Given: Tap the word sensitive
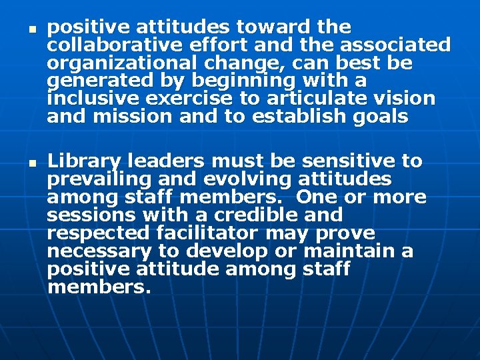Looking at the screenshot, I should click(x=353, y=161).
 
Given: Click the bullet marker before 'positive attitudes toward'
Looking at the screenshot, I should click(x=31, y=29).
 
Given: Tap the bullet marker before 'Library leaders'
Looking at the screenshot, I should click(x=31, y=163).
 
